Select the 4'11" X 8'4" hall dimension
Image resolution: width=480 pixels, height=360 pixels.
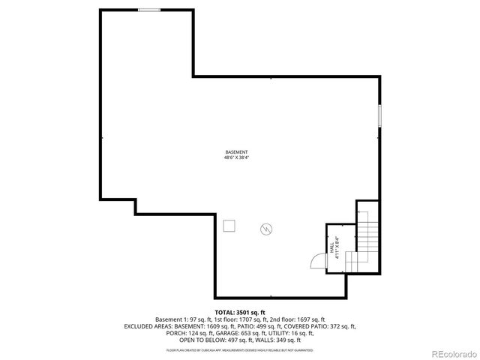pyautogui.click(x=338, y=247)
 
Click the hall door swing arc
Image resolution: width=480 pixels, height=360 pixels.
pyautogui.click(x=317, y=259)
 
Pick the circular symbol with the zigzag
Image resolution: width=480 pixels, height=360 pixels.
pyautogui.click(x=266, y=229)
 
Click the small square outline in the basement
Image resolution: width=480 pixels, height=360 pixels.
pyautogui.click(x=229, y=225)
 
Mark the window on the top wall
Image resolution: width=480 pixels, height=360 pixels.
pyautogui.click(x=149, y=10)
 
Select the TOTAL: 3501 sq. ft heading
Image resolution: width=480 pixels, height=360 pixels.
pyautogui.click(x=240, y=311)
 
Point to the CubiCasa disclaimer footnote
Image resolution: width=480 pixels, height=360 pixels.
pyautogui.click(x=240, y=349)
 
